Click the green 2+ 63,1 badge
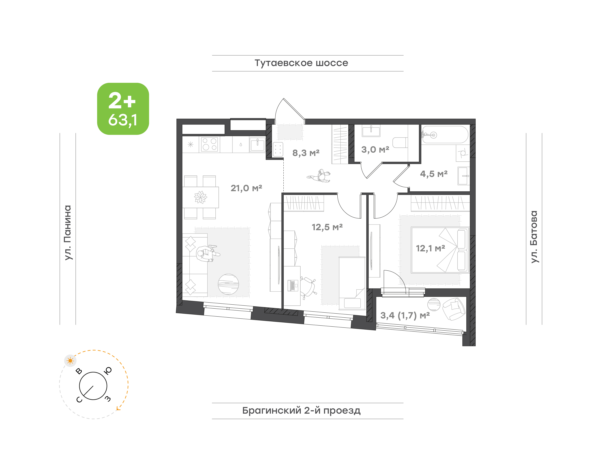pos(123,109)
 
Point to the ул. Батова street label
pos(534,237)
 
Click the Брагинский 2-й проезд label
pos(301,410)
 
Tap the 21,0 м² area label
pos(246,188)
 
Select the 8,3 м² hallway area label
pos(306,153)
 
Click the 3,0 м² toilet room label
pos(375,150)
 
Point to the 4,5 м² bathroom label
pos(434,174)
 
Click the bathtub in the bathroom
pos(445,135)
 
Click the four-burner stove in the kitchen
pos(210,144)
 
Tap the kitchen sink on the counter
pos(257,145)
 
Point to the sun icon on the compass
pos(70,361)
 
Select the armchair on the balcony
pos(454,309)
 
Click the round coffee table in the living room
pos(228,284)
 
